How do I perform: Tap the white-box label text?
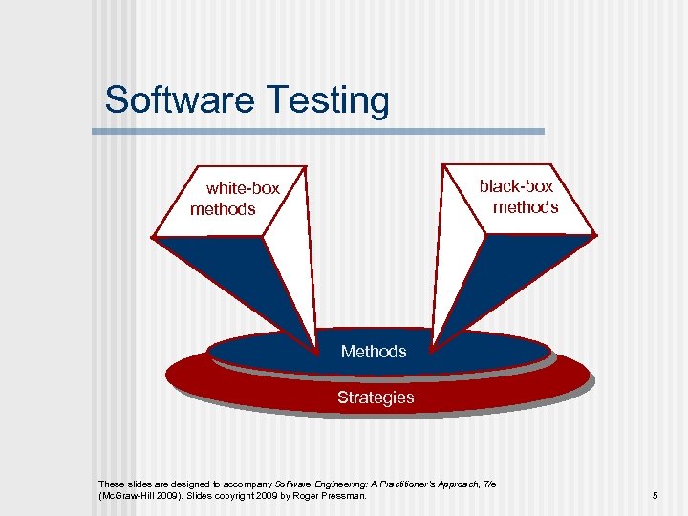[x=243, y=188]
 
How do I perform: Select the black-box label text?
[x=516, y=186]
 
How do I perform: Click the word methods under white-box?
[x=223, y=209]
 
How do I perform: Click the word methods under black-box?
[x=526, y=207]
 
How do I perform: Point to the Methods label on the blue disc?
[x=374, y=352]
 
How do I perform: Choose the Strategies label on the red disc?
[x=376, y=398]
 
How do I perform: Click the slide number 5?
[x=655, y=496]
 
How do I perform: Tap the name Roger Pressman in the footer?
[x=335, y=496]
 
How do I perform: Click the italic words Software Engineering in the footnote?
[x=315, y=484]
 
